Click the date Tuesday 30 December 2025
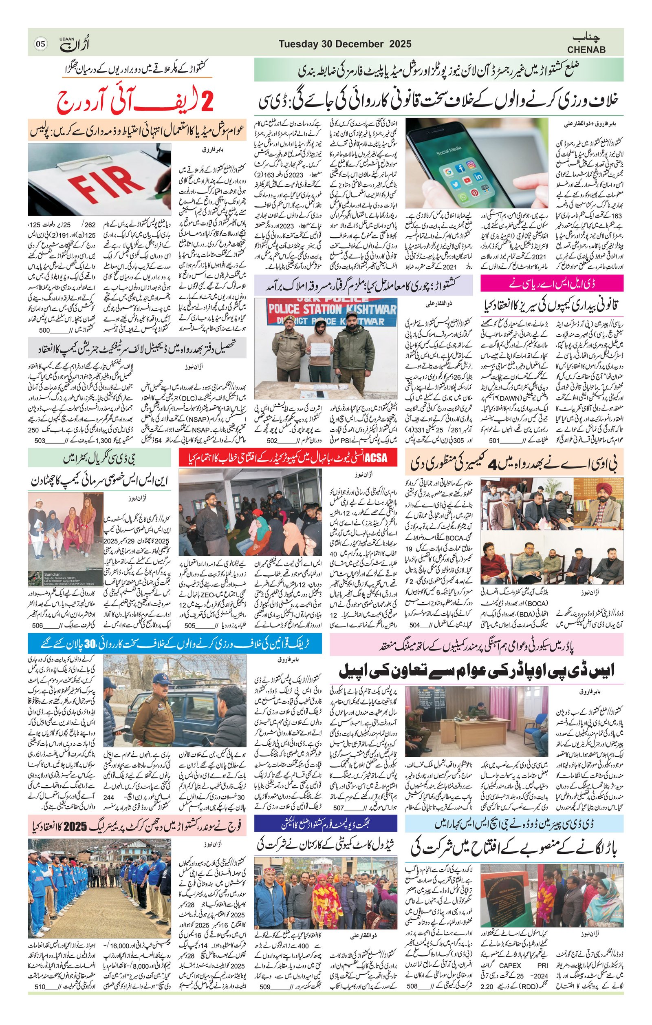pos(345,44)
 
